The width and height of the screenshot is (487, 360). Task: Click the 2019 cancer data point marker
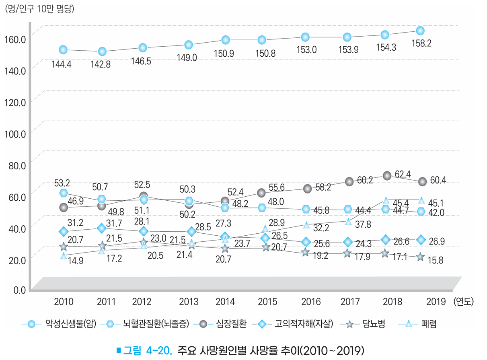click(420, 31)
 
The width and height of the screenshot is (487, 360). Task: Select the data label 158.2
click(420, 44)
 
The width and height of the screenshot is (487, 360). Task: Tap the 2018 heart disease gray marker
click(387, 175)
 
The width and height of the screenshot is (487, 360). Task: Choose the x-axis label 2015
click(267, 301)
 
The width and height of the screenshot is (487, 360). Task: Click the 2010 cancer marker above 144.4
click(63, 49)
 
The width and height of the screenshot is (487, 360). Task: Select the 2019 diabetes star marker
click(420, 257)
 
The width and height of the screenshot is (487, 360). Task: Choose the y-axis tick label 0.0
click(18, 290)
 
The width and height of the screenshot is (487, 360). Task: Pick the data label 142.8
click(101, 64)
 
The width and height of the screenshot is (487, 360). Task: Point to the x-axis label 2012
click(142, 301)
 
